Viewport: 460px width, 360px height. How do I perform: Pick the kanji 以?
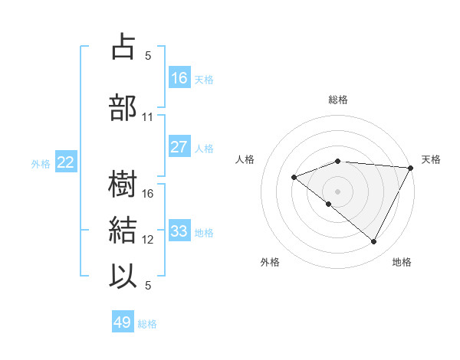click(x=123, y=275)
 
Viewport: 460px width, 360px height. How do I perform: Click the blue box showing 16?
click(x=179, y=78)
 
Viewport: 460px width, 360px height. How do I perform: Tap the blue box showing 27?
click(x=179, y=147)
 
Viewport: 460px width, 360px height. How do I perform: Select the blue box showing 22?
click(x=66, y=162)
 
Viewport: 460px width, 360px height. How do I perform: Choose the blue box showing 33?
click(x=179, y=231)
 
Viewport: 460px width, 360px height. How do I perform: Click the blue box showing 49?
click(x=123, y=323)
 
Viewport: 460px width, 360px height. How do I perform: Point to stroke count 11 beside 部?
click(x=148, y=116)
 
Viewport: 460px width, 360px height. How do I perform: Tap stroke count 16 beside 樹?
click(x=149, y=194)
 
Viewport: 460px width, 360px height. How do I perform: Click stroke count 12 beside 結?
click(x=149, y=240)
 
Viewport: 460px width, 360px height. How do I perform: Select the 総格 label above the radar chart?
click(x=337, y=100)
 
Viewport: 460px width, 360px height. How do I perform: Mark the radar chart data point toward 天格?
click(x=412, y=167)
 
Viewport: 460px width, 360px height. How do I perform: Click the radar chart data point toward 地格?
click(x=374, y=242)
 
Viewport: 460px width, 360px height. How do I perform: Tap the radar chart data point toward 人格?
click(x=294, y=177)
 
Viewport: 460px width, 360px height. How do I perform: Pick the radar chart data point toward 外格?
click(x=329, y=204)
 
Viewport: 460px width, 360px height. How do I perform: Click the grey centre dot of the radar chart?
click(x=337, y=191)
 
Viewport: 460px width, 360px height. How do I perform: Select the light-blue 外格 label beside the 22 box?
click(x=40, y=163)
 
